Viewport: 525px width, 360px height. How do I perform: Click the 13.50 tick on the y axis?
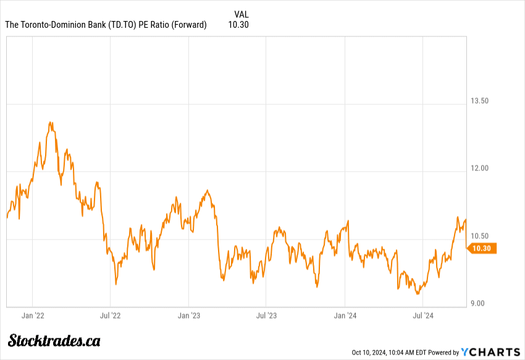(x=480, y=101)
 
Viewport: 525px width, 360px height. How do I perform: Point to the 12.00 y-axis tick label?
(x=480, y=168)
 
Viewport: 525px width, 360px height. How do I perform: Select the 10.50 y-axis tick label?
(x=480, y=236)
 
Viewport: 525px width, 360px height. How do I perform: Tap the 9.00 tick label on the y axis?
(x=478, y=303)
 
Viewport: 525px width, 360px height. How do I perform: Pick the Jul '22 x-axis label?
(x=110, y=316)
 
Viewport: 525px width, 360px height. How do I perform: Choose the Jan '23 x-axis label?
(x=188, y=316)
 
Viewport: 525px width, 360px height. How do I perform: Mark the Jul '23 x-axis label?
(x=266, y=316)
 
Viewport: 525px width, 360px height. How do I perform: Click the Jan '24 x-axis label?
(x=345, y=316)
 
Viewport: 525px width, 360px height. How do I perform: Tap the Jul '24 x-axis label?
(x=423, y=316)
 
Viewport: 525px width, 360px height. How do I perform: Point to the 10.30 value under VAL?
(x=238, y=25)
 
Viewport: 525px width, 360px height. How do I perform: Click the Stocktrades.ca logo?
(x=54, y=340)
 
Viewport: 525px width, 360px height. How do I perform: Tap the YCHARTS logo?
(x=491, y=352)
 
